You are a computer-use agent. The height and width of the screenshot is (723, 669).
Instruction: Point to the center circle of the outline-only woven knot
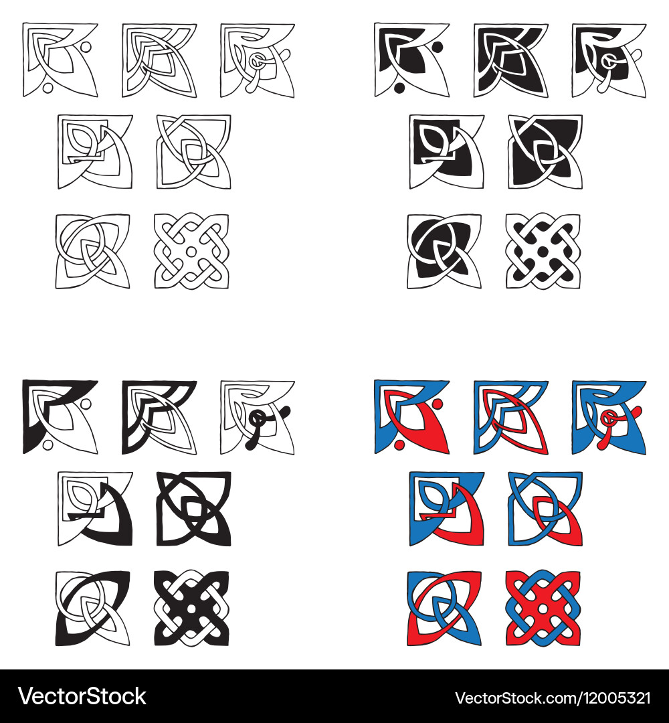(x=191, y=251)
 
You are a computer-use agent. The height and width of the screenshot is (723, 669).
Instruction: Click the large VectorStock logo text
(x=82, y=696)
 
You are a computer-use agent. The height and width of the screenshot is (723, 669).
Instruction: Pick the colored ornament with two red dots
(x=411, y=416)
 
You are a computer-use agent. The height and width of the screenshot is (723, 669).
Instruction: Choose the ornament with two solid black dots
(x=411, y=60)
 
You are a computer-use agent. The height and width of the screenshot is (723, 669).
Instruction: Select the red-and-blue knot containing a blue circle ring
(x=444, y=608)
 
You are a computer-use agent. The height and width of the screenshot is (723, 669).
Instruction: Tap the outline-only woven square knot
(x=191, y=251)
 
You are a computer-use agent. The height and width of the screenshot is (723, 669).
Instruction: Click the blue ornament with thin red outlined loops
(x=510, y=416)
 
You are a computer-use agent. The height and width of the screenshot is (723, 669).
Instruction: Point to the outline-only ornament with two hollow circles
(x=60, y=60)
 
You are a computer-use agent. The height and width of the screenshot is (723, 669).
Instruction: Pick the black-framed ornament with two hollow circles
(x=60, y=416)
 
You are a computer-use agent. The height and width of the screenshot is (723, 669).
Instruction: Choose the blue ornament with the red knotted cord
(x=609, y=416)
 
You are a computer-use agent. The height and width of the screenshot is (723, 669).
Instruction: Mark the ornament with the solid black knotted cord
(x=257, y=416)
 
